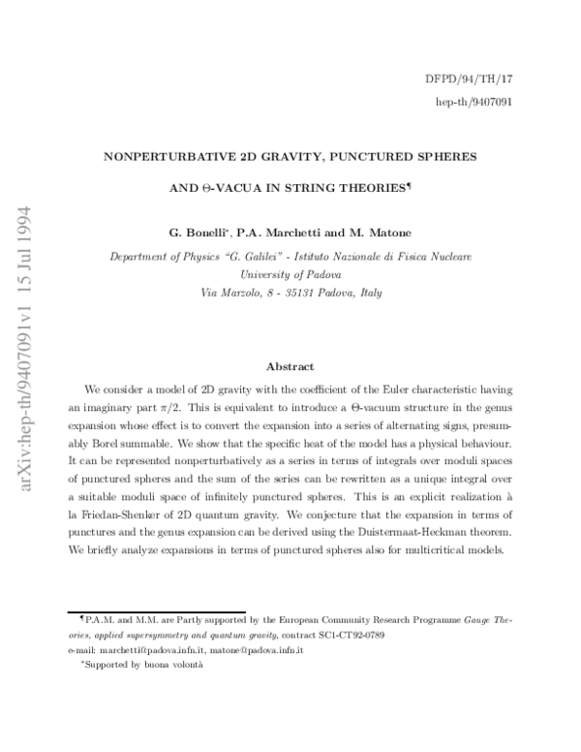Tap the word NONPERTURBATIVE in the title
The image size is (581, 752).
click(x=165, y=155)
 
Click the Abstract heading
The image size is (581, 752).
click(x=290, y=366)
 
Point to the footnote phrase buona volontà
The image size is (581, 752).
click(x=173, y=667)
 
